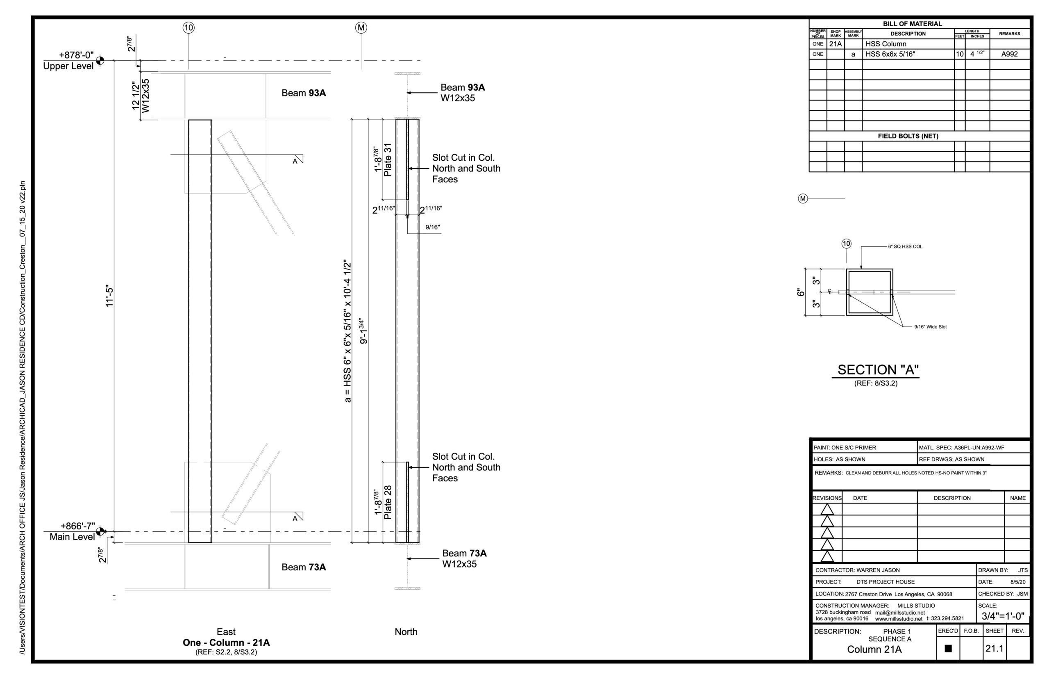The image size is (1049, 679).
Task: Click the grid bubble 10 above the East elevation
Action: click(x=188, y=28)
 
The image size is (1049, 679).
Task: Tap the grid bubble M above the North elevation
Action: click(x=361, y=28)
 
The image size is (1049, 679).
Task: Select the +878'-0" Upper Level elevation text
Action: click(x=69, y=60)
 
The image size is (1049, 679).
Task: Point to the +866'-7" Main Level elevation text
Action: click(x=72, y=531)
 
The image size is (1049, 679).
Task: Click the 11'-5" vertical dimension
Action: click(x=110, y=296)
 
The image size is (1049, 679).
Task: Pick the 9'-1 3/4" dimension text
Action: click(x=363, y=330)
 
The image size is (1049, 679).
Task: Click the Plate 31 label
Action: click(x=388, y=159)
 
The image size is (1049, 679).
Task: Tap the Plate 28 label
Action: click(x=388, y=502)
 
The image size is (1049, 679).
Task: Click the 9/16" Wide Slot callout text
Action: click(x=930, y=327)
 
